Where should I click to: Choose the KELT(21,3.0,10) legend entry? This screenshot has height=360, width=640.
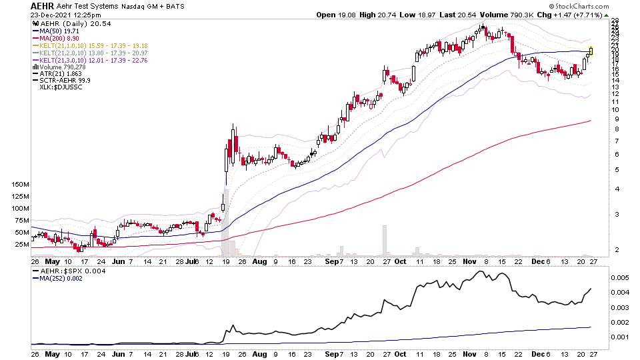click(93, 60)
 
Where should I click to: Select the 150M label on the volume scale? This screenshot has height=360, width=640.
click(20, 184)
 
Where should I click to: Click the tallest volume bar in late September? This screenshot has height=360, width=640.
click(385, 240)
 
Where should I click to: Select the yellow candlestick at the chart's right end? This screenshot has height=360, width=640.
click(591, 51)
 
